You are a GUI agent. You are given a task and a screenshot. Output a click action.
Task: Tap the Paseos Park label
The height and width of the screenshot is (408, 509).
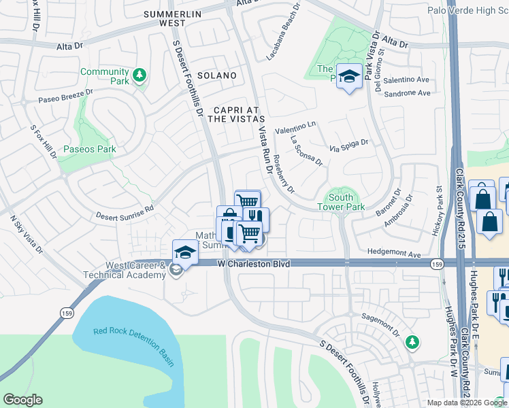tap(89, 149)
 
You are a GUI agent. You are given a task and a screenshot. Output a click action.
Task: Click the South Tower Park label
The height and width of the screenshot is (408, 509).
tap(341, 202)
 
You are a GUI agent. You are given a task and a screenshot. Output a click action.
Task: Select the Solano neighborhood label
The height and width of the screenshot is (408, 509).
tap(216, 75)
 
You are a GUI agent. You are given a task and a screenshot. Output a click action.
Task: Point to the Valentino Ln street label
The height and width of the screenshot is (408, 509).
tap(295, 127)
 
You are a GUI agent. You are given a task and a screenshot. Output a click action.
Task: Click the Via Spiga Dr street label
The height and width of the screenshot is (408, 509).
tap(348, 144)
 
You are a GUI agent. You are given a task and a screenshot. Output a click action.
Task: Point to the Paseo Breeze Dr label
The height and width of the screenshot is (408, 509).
tap(66, 97)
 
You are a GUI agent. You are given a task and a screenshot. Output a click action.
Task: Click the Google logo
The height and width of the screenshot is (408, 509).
tap(22, 400)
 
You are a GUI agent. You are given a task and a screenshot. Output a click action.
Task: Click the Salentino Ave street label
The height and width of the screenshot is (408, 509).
tap(407, 80)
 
